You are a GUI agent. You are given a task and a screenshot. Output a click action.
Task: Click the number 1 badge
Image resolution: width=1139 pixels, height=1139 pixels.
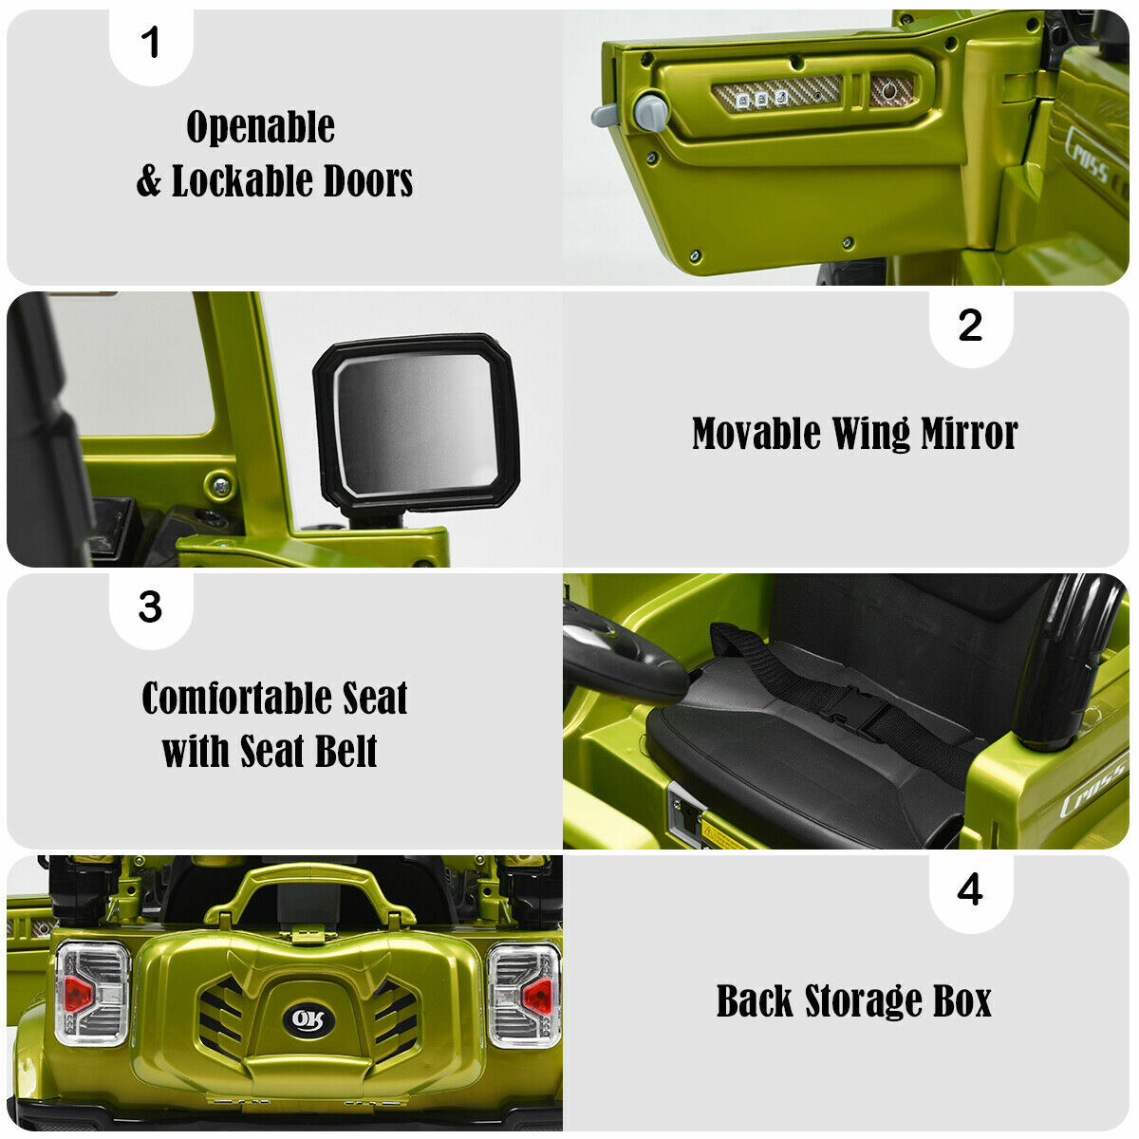(x=151, y=45)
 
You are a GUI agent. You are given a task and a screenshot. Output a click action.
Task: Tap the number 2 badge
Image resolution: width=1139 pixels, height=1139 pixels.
(x=971, y=327)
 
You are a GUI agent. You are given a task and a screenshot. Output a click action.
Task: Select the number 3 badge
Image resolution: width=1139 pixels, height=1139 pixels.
(x=151, y=607)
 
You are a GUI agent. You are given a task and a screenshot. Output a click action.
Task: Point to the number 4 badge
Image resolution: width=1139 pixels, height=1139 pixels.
(x=971, y=890)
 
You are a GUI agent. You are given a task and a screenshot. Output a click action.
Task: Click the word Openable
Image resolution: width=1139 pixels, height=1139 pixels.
(x=261, y=126)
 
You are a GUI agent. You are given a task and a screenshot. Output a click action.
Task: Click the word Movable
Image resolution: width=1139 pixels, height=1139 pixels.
(x=756, y=434)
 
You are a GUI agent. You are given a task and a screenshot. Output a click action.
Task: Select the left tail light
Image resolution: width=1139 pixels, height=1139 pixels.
(x=92, y=996)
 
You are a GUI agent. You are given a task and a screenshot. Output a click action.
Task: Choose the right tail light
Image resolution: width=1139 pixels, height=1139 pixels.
(x=524, y=997)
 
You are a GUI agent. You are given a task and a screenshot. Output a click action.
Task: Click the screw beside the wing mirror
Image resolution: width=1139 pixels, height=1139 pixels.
(x=220, y=486)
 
